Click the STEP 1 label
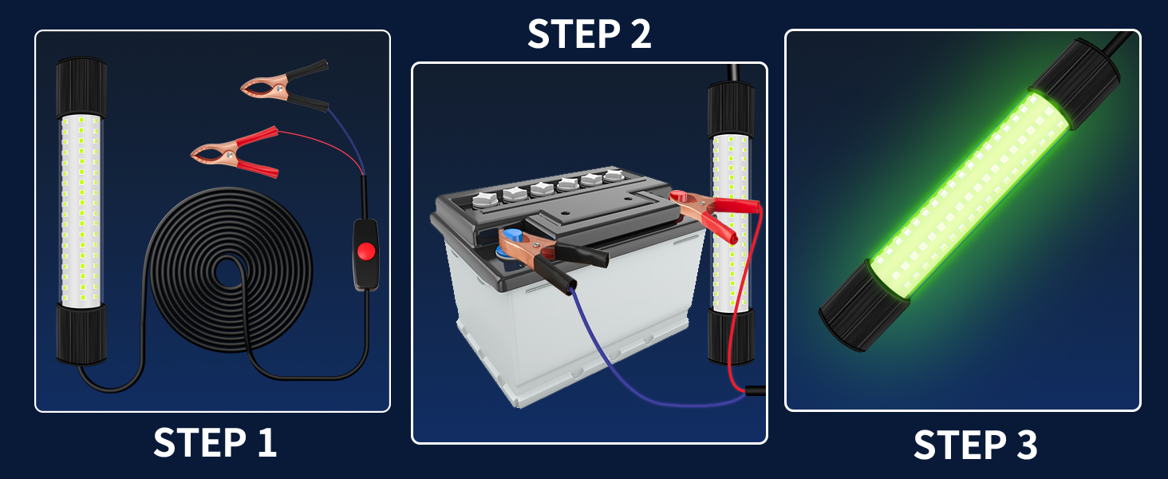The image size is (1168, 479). coord(215,443)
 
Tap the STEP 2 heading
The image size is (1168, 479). coord(590,34)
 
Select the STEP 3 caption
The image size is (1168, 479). coord(975,445)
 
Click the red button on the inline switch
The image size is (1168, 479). coord(366,251)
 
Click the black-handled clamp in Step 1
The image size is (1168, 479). coord(285,85)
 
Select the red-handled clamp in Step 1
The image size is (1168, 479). coord(235,152)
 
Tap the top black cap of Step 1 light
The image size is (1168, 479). coord(81,87)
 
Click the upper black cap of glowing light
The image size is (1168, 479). coord(1076,84)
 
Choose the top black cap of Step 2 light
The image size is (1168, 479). coord(731,109)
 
